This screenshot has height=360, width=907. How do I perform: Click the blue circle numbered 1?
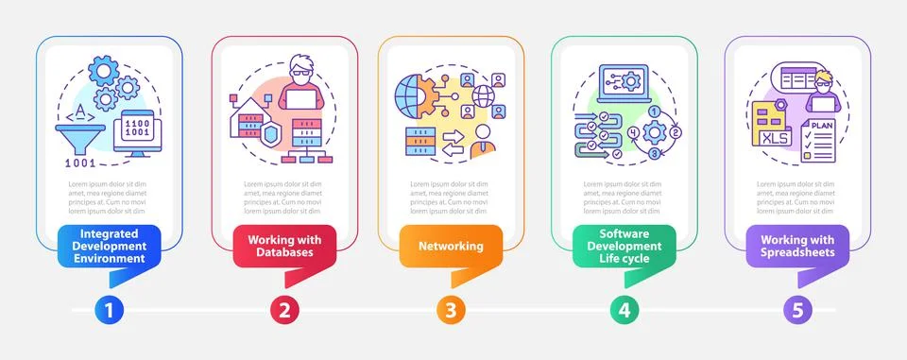[109, 309]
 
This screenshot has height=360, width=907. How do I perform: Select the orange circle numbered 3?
[452, 309]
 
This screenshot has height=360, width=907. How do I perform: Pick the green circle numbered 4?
[624, 309]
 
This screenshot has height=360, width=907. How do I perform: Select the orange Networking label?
[451, 246]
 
